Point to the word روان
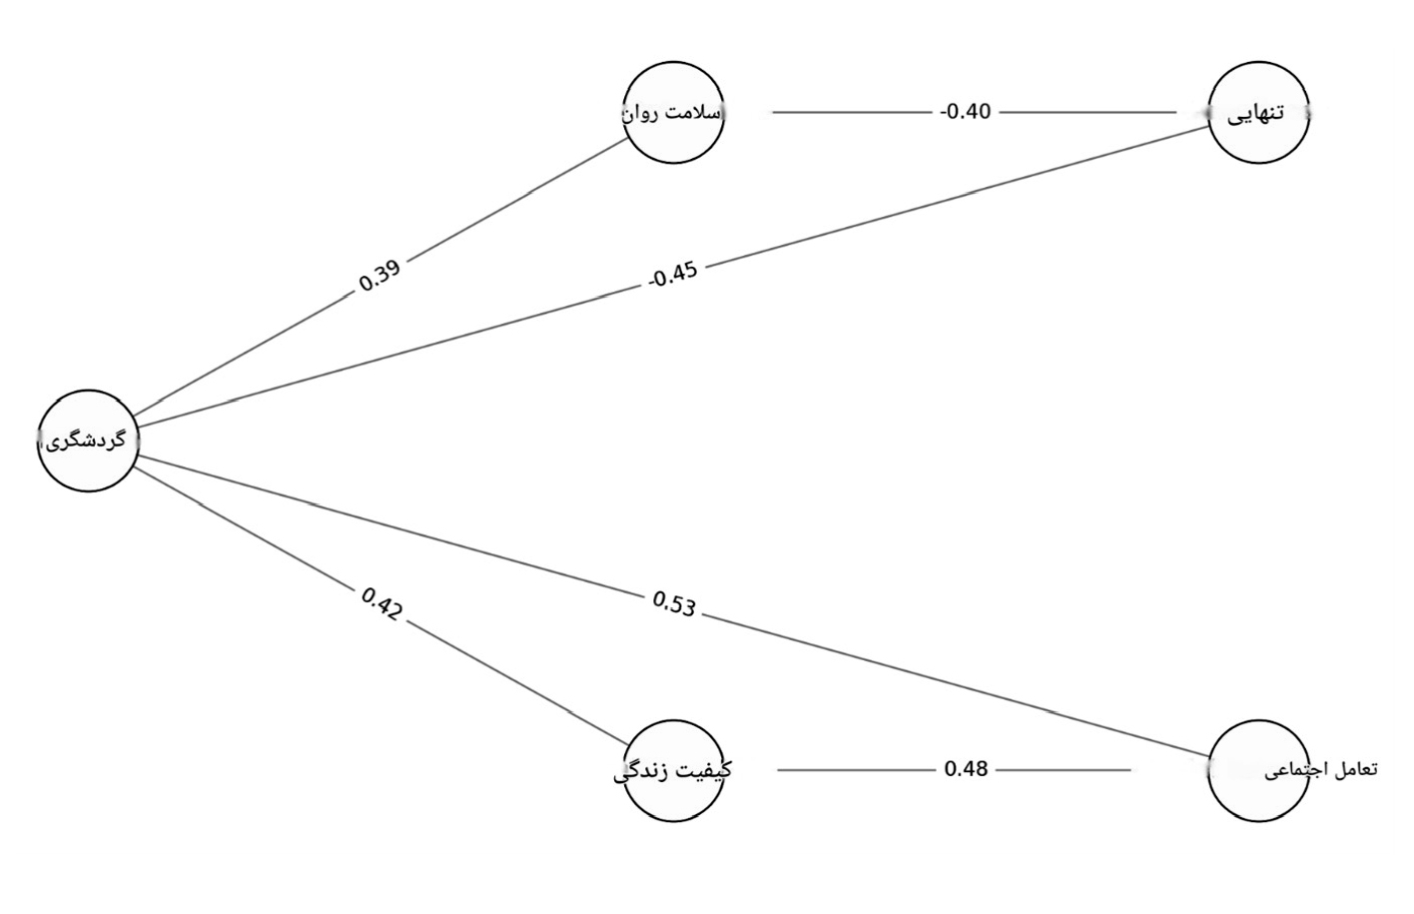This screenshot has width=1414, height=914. click(x=643, y=115)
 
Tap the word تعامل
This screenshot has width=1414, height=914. click(x=1355, y=769)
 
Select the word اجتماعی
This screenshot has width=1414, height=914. click(x=1296, y=771)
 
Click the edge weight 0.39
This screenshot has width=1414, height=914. click(x=379, y=276)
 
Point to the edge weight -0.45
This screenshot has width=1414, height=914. click(x=673, y=274)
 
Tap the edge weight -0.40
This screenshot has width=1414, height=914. click(x=966, y=112)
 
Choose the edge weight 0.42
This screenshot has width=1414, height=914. click(x=380, y=604)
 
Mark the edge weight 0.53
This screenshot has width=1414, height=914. click(x=673, y=603)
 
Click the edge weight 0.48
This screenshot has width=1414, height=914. click(x=966, y=769)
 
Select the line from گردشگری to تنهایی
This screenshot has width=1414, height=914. click(x=673, y=277)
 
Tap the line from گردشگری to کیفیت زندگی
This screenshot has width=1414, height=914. click(x=381, y=606)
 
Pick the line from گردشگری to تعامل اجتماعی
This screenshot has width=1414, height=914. click(x=673, y=605)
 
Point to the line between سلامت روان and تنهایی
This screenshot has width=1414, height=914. click(x=974, y=113)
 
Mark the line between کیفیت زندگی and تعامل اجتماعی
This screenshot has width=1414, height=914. click(x=954, y=770)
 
